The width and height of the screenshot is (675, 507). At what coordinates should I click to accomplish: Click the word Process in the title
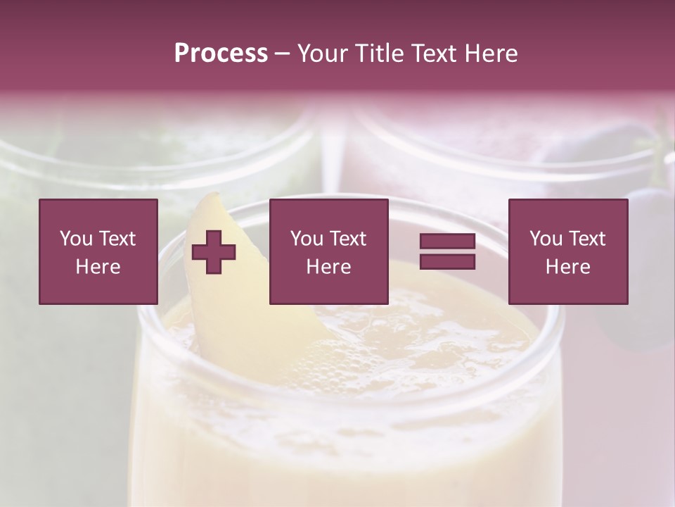click(x=221, y=53)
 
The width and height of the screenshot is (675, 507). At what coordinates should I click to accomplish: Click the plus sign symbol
click(x=214, y=252)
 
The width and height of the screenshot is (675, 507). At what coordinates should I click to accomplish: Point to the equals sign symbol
click(x=447, y=251)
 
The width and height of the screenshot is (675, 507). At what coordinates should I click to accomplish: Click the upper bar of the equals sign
click(x=447, y=242)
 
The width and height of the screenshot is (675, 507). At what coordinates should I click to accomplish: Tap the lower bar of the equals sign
click(x=447, y=262)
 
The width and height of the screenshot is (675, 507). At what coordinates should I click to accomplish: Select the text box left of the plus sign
click(x=98, y=251)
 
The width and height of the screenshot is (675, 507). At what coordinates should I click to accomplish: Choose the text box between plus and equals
click(x=328, y=251)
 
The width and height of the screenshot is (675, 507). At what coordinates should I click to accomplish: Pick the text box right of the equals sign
click(x=567, y=251)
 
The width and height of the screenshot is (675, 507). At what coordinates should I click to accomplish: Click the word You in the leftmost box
click(x=76, y=239)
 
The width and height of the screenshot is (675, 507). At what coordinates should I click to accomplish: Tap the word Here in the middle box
click(x=328, y=267)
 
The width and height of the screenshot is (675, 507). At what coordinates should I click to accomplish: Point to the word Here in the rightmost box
click(x=567, y=267)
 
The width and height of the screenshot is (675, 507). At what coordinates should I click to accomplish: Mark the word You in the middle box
click(x=307, y=239)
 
